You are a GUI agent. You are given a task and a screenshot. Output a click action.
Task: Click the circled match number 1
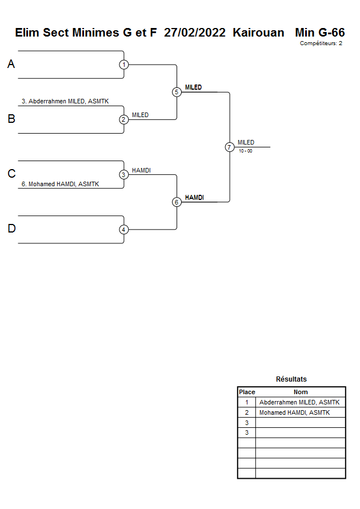coord(124,65)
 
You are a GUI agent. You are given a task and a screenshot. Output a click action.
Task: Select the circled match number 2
coord(124,119)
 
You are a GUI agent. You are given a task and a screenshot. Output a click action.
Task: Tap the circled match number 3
coord(124,174)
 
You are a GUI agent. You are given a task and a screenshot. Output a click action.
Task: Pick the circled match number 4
coord(124,230)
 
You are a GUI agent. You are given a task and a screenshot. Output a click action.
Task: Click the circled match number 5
coord(177,92)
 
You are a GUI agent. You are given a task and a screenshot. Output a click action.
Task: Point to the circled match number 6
coord(177,202)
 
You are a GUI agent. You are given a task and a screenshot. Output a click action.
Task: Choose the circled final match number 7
coord(229,147)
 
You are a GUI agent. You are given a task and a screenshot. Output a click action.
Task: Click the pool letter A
coord(11,65)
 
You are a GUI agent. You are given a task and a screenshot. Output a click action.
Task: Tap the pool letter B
coord(11,119)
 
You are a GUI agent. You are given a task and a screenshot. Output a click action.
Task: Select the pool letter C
coord(11,174)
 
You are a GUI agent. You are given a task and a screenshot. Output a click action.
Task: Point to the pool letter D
coord(11,229)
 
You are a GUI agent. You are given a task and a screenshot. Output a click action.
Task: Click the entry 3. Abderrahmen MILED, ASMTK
coord(65,101)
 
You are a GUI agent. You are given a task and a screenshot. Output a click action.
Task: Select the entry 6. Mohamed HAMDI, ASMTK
coord(60,184)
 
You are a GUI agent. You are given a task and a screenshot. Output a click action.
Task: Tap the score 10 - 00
coord(246,151)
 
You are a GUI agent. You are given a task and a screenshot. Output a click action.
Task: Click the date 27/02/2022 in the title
coord(195,33)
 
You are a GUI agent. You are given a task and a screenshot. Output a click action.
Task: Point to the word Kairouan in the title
coord(258,33)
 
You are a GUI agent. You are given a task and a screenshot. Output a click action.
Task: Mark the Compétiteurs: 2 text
coord(321,43)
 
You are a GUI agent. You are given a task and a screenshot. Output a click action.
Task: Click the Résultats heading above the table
coord(291,379)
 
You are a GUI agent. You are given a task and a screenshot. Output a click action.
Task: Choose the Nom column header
coord(301,392)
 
